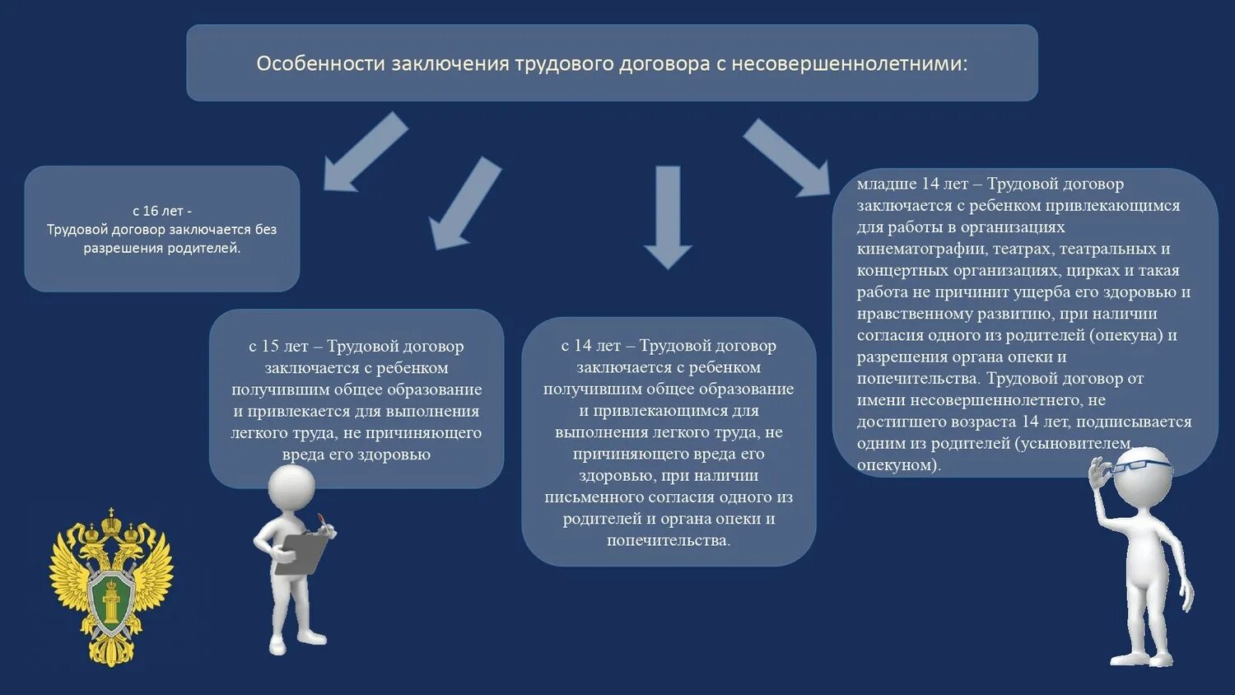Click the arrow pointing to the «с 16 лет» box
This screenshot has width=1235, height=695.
[364, 152]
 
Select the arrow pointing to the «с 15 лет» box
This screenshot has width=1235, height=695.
[465, 203]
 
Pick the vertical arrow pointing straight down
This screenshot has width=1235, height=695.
[668, 217]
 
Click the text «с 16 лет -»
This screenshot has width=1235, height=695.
[161, 211]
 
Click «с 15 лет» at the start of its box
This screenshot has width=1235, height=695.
[278, 347]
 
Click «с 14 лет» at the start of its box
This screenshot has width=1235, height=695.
[590, 346]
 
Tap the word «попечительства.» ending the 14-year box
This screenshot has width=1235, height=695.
[669, 540]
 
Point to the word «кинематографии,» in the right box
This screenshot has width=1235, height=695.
[921, 249]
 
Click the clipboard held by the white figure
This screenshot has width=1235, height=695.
[301, 553]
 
